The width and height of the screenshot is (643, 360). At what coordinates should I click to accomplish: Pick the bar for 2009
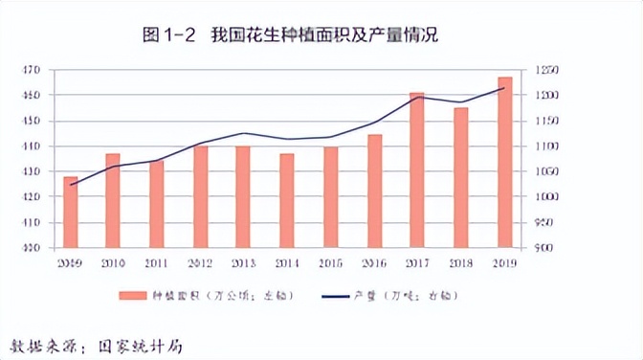tap(70, 212)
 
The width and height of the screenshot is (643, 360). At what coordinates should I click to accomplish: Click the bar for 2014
tap(287, 200)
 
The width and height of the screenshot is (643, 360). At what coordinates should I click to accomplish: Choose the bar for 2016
tap(374, 191)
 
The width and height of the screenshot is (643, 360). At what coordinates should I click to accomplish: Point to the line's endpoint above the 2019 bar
tap(504, 88)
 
